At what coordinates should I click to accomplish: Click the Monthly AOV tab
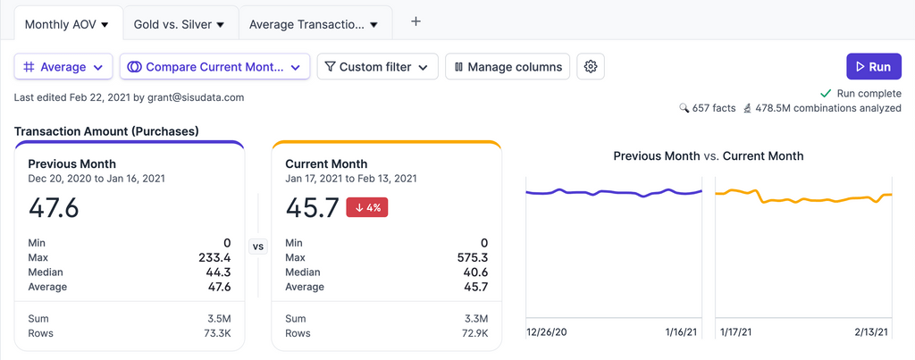(x=66, y=24)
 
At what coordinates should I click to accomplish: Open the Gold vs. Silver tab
(x=179, y=24)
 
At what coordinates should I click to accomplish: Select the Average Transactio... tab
(x=313, y=24)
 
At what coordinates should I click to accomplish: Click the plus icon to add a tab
(x=416, y=22)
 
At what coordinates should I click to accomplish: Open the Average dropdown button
(x=63, y=67)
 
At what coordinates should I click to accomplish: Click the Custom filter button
(x=377, y=67)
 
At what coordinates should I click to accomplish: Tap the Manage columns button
(x=508, y=67)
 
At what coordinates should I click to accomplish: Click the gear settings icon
(x=590, y=67)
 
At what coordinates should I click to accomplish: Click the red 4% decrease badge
(x=366, y=208)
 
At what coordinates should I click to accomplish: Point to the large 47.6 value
(x=54, y=208)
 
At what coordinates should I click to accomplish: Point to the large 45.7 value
(x=311, y=208)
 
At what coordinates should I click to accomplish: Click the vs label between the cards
(x=258, y=247)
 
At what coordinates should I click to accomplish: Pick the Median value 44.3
(x=217, y=272)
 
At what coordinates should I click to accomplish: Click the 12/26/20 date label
(x=547, y=332)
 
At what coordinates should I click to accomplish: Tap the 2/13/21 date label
(x=870, y=332)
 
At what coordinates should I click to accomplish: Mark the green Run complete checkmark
(x=826, y=94)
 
